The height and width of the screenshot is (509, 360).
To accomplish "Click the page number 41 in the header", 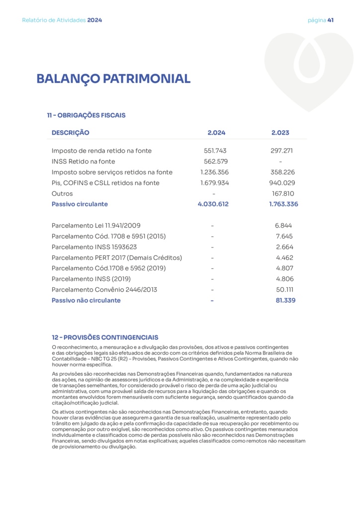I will [330, 20].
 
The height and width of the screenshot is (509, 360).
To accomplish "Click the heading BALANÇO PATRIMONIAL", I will [113, 79].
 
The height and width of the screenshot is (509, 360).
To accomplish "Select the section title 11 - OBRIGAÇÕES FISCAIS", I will [86, 115].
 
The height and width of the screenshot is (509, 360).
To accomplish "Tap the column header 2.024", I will [216, 133].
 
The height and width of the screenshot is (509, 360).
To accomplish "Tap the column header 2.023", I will [280, 133].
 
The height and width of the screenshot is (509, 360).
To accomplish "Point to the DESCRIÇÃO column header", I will [71, 133].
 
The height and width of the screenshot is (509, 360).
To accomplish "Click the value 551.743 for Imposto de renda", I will [215, 151].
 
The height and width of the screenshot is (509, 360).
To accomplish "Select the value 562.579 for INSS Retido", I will [216, 162].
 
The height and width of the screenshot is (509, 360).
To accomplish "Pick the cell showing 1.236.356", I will [215, 172].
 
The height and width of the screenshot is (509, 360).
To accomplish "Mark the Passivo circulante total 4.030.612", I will [213, 204].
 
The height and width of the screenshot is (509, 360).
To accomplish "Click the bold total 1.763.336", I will [280, 204].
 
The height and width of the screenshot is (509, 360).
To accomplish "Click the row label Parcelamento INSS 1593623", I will [94, 247].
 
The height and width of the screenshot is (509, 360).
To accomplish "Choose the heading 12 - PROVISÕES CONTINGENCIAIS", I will [105, 337].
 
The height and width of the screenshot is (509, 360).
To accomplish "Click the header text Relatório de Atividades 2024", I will [62, 20].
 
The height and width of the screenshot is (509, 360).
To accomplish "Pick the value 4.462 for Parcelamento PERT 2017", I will [284, 257].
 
